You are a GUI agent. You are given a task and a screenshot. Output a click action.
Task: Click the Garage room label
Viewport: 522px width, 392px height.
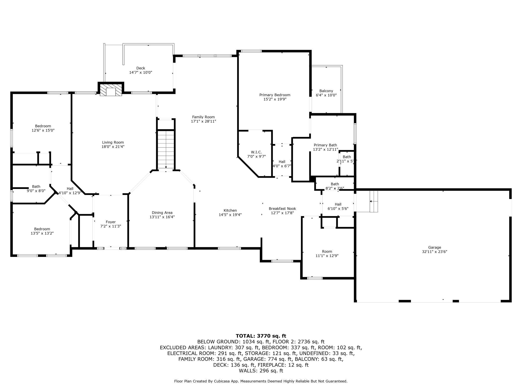click(x=434, y=248)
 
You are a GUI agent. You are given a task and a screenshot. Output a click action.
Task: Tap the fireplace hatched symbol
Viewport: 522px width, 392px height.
click(x=111, y=90)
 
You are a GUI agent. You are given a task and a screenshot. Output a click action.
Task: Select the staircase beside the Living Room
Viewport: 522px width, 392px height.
click(x=166, y=150)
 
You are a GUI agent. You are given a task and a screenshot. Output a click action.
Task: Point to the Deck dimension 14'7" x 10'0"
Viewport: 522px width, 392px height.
click(x=141, y=72)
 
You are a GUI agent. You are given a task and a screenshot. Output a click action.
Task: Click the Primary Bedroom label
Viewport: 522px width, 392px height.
click(x=275, y=95)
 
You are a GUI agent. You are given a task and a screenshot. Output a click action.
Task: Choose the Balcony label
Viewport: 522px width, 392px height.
click(x=326, y=91)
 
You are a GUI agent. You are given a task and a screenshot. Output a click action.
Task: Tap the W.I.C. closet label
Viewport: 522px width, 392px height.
click(x=256, y=152)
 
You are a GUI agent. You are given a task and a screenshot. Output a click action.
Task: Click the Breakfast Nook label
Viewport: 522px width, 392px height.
click(x=282, y=209)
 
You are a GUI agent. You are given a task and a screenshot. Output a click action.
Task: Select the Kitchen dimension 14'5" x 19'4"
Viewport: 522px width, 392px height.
click(x=230, y=215)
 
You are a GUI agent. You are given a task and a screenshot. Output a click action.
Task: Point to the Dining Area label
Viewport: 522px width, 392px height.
click(x=162, y=213)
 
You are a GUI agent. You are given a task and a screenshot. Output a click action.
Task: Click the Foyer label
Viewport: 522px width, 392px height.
click(x=111, y=222)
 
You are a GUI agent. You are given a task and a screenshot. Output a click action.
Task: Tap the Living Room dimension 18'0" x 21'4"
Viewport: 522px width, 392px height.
click(x=113, y=146)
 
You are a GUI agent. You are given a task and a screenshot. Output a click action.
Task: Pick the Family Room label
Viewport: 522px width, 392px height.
click(x=204, y=117)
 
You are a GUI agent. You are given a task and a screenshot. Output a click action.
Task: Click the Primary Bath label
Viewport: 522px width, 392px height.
click(x=325, y=145)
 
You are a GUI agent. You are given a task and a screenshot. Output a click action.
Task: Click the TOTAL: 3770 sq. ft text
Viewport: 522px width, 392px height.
click(x=261, y=336)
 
